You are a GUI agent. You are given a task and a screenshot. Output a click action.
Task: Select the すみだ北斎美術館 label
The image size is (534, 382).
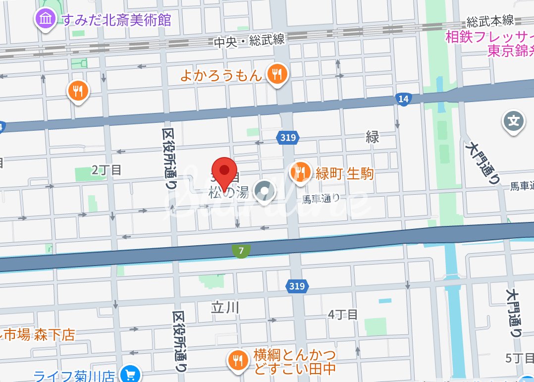116,20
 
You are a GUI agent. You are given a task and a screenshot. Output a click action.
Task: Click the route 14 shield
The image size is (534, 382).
404,99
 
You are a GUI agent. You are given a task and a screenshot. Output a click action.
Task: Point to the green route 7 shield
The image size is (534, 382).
241,251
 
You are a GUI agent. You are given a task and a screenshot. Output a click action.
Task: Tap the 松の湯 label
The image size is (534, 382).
227,193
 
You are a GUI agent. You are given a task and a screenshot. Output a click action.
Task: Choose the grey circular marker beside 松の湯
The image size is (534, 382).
265,191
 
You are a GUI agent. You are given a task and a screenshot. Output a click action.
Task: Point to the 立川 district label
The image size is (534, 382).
225,308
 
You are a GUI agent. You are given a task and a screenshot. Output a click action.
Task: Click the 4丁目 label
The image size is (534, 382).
343,315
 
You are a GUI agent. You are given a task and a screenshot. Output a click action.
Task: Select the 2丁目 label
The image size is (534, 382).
107,170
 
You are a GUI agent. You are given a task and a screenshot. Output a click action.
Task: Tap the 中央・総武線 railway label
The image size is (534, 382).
249,42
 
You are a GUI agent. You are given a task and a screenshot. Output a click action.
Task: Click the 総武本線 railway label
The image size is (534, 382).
490,21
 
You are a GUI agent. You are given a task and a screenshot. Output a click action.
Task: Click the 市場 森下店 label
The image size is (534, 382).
38,335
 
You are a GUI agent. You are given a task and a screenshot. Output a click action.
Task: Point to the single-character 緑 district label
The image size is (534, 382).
373,137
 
